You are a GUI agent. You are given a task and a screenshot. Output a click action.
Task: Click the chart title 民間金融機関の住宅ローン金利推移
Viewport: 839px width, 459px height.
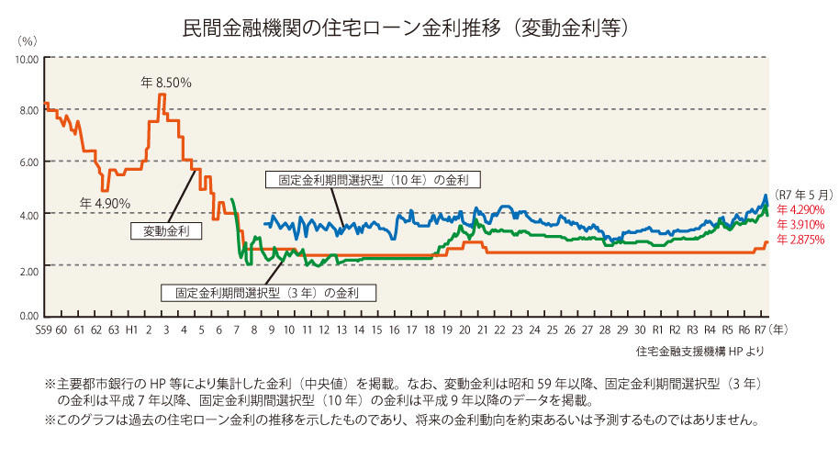320,28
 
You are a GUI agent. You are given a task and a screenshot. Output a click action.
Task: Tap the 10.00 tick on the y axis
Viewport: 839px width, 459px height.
26,59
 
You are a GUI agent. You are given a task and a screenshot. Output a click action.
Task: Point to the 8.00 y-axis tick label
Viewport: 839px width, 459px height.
28,110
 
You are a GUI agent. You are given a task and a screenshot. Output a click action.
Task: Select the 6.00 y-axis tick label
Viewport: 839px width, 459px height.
28,162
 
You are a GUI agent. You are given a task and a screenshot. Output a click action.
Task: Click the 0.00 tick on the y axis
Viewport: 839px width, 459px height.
28,317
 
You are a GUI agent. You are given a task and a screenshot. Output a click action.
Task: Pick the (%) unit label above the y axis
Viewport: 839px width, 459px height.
27,41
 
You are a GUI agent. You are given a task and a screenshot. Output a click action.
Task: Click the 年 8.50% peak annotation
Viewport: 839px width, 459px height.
166,83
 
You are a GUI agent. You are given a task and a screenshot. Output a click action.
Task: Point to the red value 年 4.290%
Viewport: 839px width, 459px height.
800,210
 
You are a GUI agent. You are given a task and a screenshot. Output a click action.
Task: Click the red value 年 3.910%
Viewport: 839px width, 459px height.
800,225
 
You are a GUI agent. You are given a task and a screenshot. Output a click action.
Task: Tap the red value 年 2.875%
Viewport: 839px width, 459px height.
800,240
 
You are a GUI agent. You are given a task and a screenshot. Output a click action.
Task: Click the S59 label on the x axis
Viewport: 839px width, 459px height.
43,329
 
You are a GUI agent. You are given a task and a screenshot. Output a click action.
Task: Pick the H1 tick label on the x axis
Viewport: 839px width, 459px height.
131,329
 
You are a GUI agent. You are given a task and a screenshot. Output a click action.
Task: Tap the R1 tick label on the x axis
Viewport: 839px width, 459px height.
656,329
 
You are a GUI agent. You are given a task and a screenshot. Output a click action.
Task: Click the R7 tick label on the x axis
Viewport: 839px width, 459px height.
761,329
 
